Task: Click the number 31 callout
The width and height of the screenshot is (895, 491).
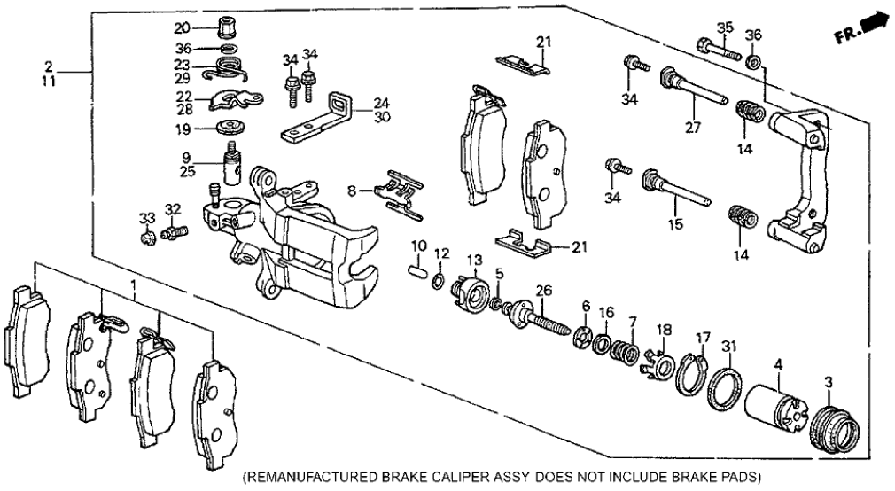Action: (x=729, y=345)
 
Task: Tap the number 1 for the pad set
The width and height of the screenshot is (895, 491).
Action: (x=134, y=287)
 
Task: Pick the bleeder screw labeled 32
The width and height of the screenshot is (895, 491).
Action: (x=175, y=232)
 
